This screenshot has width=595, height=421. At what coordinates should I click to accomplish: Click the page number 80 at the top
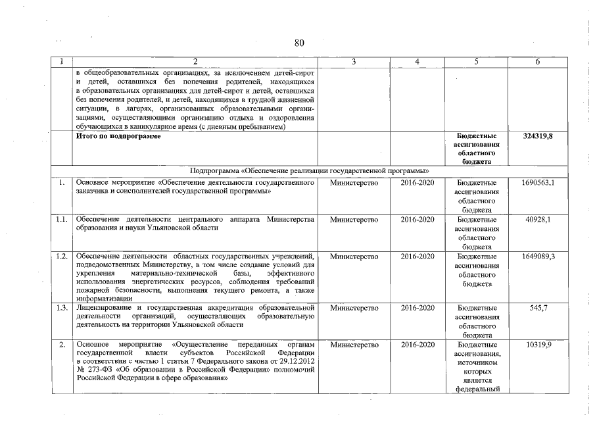(299, 43)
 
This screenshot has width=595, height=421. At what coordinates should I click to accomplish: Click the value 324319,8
(538, 136)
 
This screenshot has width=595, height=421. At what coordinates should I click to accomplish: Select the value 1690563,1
(538, 182)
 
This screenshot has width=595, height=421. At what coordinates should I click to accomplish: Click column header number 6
(538, 62)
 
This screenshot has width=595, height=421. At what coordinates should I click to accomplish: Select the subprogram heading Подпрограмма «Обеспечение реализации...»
(305, 170)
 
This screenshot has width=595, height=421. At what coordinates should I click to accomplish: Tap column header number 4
(417, 62)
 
